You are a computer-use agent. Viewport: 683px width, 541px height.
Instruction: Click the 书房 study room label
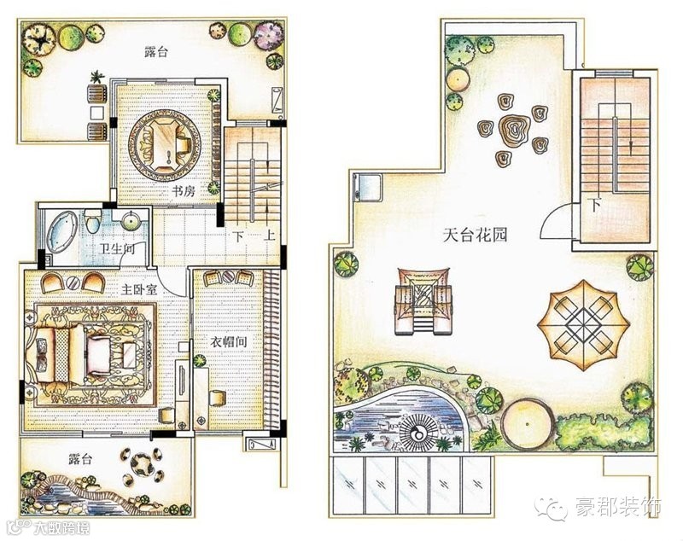pos(184,191)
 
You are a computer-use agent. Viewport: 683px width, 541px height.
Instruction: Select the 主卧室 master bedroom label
pos(139,289)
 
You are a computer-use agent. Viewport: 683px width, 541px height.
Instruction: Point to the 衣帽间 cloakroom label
pos(228,341)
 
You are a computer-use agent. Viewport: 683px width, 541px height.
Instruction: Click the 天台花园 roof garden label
pos(476,236)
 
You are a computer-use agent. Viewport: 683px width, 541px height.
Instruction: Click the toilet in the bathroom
pos(92,221)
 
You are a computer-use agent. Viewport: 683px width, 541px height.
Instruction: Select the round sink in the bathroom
pos(131,221)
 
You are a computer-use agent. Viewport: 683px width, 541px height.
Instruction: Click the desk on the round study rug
pos(166,143)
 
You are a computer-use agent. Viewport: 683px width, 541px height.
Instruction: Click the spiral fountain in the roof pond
pos(418,433)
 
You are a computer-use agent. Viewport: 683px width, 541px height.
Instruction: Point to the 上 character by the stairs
pos(270,236)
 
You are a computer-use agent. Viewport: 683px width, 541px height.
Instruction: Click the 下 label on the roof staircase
pos(595,205)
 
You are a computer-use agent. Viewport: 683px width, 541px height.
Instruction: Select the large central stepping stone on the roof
pos(515,129)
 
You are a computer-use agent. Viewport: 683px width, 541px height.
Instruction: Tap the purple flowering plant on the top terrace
pos(270,35)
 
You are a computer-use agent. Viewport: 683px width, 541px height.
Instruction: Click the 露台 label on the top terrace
pos(155,53)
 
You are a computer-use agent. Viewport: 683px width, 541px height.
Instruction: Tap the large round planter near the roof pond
pos(528,423)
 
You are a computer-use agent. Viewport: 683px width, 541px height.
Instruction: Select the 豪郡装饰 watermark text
pos(618,507)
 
